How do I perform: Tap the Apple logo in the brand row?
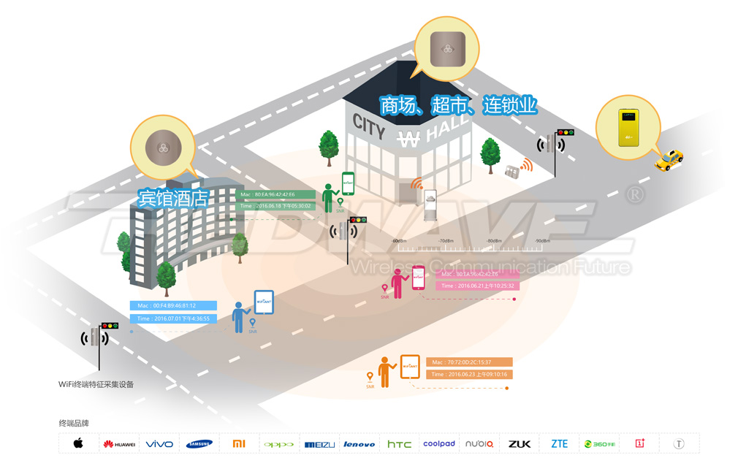78,443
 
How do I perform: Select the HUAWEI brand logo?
119,444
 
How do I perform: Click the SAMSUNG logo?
199,444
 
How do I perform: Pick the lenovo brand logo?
359,444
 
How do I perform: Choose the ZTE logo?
559,443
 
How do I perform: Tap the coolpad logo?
438,443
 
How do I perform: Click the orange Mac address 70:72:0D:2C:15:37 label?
470,362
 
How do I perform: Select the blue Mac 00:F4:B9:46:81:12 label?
175,305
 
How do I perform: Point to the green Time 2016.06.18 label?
275,206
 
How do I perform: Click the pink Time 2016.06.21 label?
478,286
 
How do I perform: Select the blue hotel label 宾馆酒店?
174,198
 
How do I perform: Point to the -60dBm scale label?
399,240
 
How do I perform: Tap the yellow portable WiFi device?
627,126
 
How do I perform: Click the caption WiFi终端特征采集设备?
96,384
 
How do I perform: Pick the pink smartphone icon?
419,277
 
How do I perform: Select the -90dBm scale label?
542,240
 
